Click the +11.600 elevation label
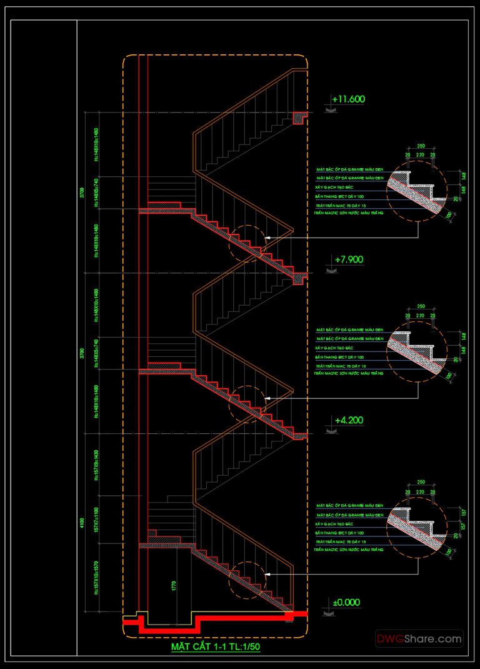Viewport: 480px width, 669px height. [348, 99]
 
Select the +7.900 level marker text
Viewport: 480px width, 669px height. [348, 259]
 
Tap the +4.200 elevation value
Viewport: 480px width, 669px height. [348, 420]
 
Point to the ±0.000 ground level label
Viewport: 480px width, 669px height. [346, 602]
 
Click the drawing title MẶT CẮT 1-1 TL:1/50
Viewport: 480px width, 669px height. [216, 646]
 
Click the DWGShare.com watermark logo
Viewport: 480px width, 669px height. [419, 639]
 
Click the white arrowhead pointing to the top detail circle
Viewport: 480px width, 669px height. [267, 239]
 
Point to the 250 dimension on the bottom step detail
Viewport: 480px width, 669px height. [420, 484]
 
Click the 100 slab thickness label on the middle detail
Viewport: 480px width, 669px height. [447, 377]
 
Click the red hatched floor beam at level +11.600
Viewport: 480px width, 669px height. [300, 117]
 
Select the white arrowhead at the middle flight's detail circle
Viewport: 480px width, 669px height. [267, 398]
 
